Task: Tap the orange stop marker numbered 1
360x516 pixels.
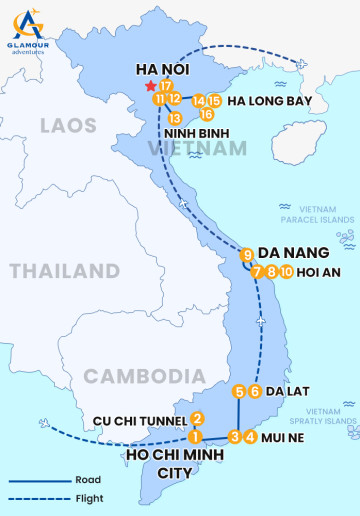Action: pyautogui.click(x=196, y=436)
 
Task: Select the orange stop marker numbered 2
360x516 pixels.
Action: pyautogui.click(x=198, y=419)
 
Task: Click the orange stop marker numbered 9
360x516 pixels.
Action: pyautogui.click(x=247, y=255)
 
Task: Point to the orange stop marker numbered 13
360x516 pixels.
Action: pyautogui.click(x=175, y=118)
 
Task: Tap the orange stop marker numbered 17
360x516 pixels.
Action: pyautogui.click(x=165, y=86)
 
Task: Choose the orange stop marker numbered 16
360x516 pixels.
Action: pyautogui.click(x=207, y=114)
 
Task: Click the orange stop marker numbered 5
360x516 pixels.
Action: pyautogui.click(x=239, y=391)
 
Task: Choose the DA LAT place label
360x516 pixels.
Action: pyautogui.click(x=290, y=392)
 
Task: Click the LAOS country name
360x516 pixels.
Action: pyautogui.click(x=68, y=125)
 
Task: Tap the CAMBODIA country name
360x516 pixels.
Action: pyautogui.click(x=137, y=375)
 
